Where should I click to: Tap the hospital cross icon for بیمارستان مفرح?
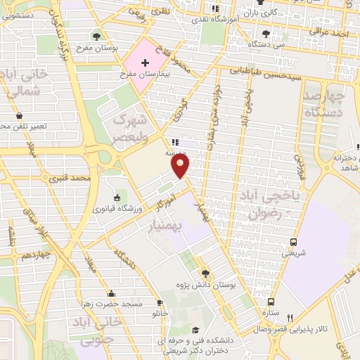tap(145, 63)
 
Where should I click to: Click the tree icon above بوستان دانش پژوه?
tap(205, 274)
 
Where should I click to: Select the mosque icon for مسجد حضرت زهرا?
tap(110, 294)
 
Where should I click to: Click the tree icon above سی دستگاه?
tap(265, 33)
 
